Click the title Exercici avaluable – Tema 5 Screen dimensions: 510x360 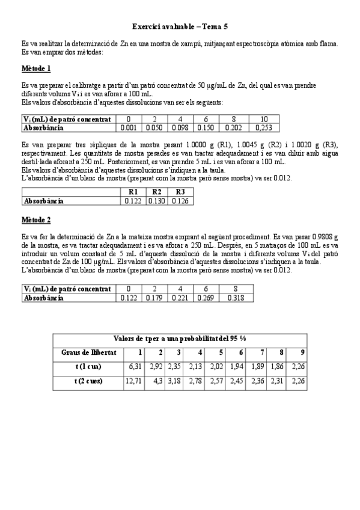point(180,27)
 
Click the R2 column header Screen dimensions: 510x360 point(157,192)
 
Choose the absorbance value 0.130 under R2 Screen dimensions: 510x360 point(157,200)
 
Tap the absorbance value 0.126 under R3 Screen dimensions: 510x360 point(180,200)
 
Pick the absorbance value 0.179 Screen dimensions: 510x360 point(155,297)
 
